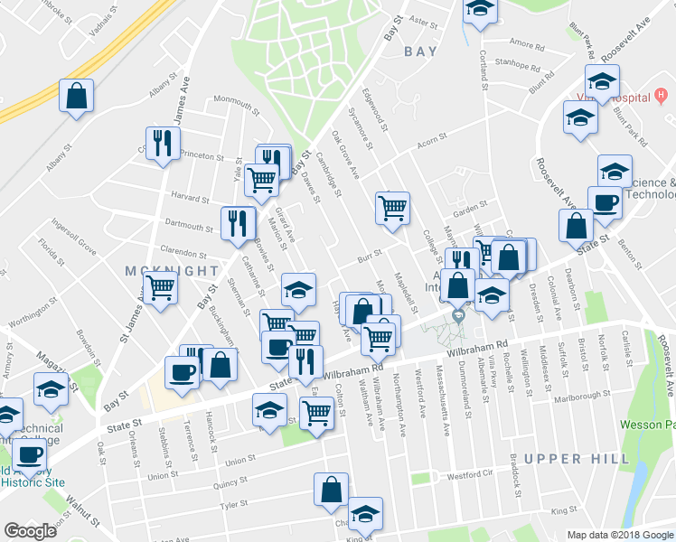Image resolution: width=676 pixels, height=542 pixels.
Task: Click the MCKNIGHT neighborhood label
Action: coord(171,270)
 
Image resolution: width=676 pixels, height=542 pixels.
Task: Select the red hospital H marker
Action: coord(662,94)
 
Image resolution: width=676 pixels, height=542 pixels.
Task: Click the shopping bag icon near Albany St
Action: coord(77,96)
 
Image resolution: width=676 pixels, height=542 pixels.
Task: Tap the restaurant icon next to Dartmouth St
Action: coord(237,222)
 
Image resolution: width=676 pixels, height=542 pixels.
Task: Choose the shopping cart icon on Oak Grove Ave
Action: coord(392,208)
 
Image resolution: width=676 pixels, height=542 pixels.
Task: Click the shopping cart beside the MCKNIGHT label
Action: coord(161,288)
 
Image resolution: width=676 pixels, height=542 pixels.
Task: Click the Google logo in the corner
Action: coord(30,531)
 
